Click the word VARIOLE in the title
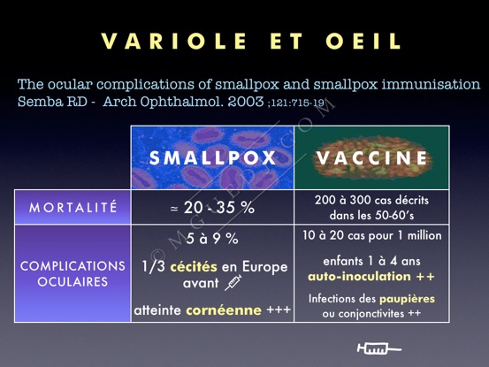pyautogui.click(x=174, y=41)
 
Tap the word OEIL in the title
pyautogui.click(x=363, y=41)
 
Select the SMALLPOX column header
pyautogui.click(x=212, y=157)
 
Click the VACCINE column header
pyautogui.click(x=371, y=157)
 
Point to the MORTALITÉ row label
pyautogui.click(x=73, y=207)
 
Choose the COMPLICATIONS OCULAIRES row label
pyautogui.click(x=73, y=274)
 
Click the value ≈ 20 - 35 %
pyautogui.click(x=212, y=207)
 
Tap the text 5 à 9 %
pyautogui.click(x=212, y=239)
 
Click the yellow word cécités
pyautogui.click(x=194, y=266)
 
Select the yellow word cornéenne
pyautogui.click(x=224, y=310)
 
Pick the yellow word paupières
pyautogui.click(x=407, y=299)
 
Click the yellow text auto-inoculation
pyautogui.click(x=359, y=277)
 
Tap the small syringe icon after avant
pyautogui.click(x=233, y=283)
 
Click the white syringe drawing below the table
pyautogui.click(x=379, y=348)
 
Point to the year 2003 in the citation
pyautogui.click(x=246, y=102)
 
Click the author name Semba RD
pyautogui.click(x=52, y=102)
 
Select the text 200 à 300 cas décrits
pyautogui.click(x=371, y=200)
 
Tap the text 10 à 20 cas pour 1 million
pyautogui.click(x=371, y=235)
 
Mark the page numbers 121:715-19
pyautogui.click(x=298, y=103)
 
